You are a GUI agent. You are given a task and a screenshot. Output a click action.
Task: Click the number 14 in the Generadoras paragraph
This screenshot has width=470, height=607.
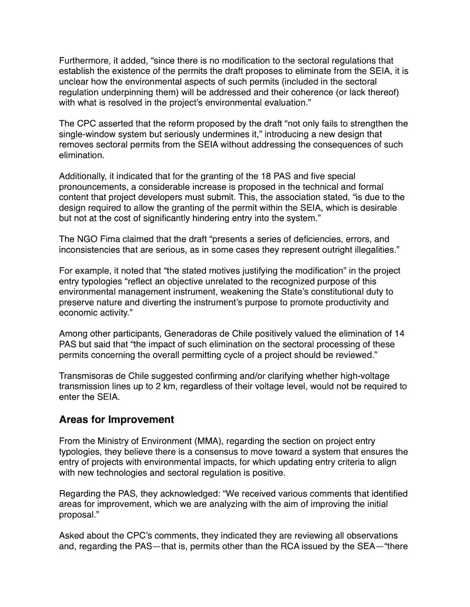404,333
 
